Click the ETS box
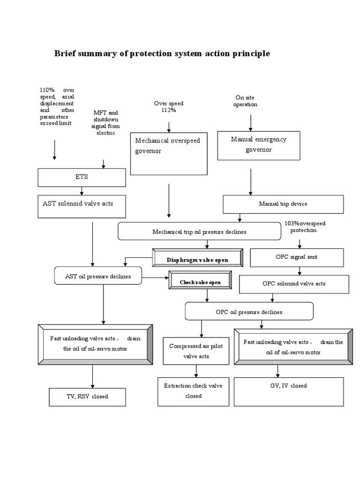(82, 178)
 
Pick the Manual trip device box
(283, 204)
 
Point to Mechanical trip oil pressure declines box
(199, 232)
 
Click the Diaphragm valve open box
(197, 258)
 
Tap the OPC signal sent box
(297, 257)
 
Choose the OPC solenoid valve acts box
(294, 284)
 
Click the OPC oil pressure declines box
(249, 311)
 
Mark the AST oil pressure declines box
(97, 277)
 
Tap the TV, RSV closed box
(88, 397)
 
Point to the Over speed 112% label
(169, 107)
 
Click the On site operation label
(245, 101)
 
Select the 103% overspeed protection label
(305, 227)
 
